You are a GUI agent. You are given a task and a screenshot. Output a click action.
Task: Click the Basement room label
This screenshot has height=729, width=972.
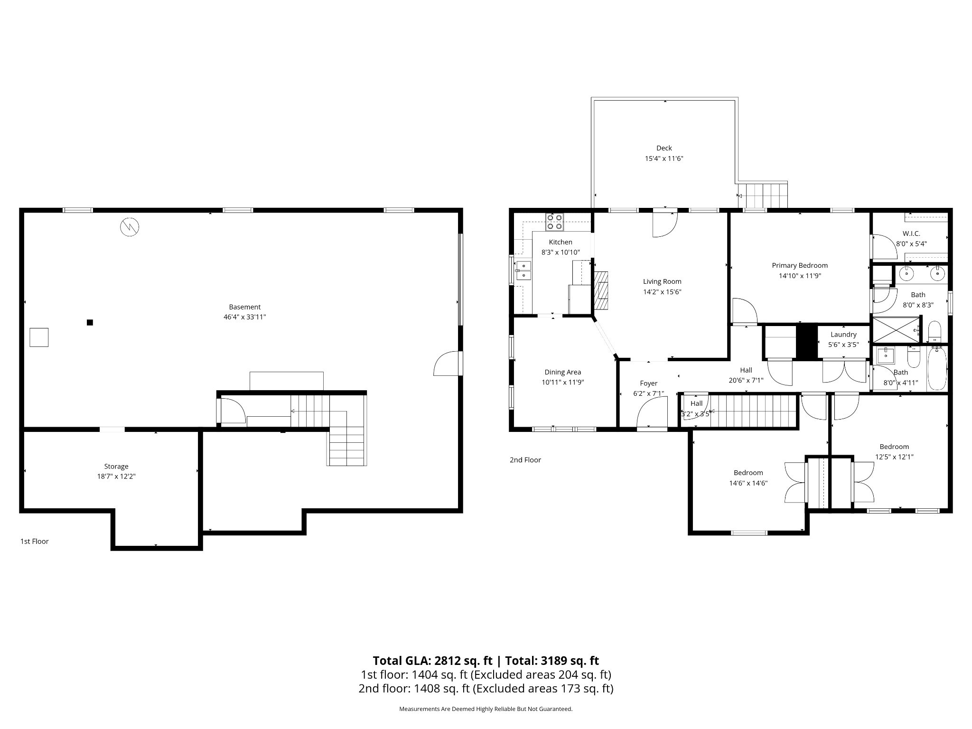tap(245, 307)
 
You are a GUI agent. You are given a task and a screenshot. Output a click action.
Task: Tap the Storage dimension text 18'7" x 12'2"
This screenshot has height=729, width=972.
tap(116, 477)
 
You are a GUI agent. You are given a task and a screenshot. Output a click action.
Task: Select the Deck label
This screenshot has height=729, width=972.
tap(664, 148)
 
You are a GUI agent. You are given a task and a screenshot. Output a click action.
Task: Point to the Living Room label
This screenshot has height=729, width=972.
tap(662, 281)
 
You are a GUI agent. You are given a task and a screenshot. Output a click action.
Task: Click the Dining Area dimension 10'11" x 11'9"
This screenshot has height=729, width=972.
tap(563, 382)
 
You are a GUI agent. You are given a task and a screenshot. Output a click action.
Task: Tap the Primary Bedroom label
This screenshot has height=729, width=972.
tap(800, 265)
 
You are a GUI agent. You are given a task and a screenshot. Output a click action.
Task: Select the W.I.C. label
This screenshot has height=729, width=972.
tap(911, 234)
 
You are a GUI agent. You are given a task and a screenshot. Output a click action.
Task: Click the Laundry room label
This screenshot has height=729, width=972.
tap(843, 335)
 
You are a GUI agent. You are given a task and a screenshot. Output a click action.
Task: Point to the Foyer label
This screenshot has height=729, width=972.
tap(649, 383)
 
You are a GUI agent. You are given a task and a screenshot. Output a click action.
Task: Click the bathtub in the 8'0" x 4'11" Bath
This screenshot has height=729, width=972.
tap(937, 368)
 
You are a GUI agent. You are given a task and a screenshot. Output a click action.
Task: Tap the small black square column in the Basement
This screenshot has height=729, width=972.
tap(90, 323)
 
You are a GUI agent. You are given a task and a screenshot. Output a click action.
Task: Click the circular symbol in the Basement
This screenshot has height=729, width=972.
tap(130, 227)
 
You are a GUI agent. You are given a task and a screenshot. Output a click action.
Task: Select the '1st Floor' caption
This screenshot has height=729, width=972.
tap(34, 541)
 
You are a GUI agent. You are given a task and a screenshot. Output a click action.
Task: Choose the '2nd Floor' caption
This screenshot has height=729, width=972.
tap(525, 459)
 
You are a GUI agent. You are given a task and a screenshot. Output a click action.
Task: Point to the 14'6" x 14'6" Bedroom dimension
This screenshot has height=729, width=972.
tap(748, 483)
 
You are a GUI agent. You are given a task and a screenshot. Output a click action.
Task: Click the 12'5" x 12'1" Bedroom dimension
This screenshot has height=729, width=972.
tap(895, 457)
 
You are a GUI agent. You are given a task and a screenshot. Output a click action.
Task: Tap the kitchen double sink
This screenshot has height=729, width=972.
tap(524, 271)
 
